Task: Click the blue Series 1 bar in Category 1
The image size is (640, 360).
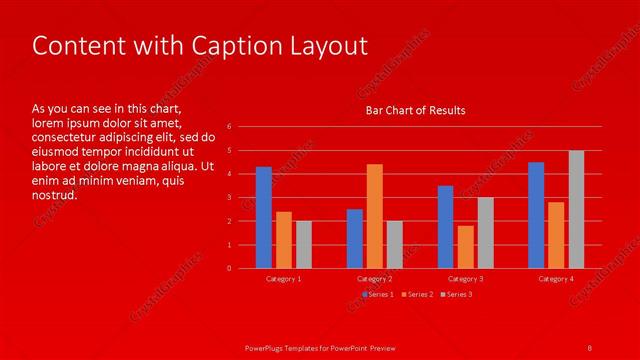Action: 264,217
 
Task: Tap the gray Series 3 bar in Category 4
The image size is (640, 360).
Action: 576,209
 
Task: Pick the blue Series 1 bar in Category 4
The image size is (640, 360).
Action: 536,215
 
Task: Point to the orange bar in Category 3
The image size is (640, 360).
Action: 466,246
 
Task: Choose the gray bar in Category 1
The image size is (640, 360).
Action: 304,244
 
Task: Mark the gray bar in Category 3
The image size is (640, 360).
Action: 486,232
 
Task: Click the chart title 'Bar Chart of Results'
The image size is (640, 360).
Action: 415,110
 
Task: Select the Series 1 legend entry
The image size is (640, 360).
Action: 378,294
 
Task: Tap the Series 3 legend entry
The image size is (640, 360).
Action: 456,294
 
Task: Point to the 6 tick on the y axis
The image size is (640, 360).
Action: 229,127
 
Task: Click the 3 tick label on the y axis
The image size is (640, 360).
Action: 229,197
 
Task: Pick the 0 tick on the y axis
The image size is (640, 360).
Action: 229,268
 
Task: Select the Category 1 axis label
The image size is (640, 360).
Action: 284,279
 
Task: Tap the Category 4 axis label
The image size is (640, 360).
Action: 556,279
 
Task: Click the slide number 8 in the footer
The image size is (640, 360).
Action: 590,347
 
